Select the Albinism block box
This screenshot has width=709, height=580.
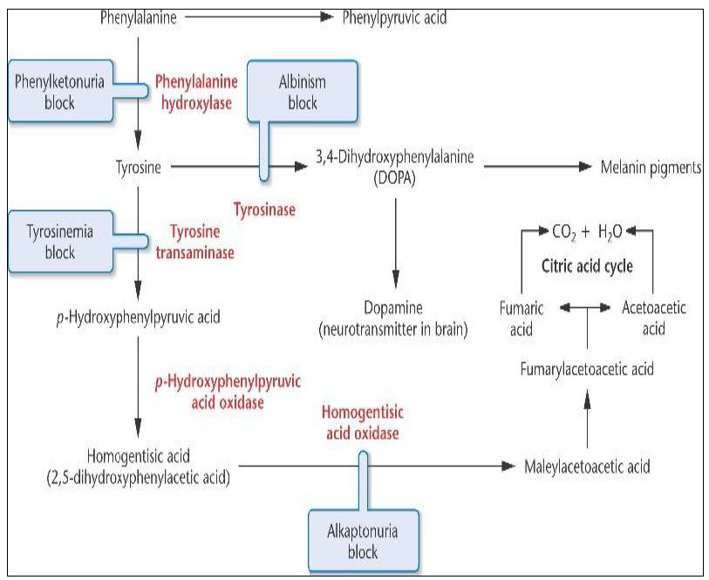(x=302, y=92)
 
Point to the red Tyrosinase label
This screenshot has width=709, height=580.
(x=264, y=210)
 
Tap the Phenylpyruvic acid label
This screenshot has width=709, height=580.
(x=395, y=17)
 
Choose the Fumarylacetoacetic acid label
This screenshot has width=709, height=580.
(x=586, y=370)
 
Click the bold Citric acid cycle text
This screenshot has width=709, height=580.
(x=587, y=265)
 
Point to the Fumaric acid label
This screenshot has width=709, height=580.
(x=522, y=319)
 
